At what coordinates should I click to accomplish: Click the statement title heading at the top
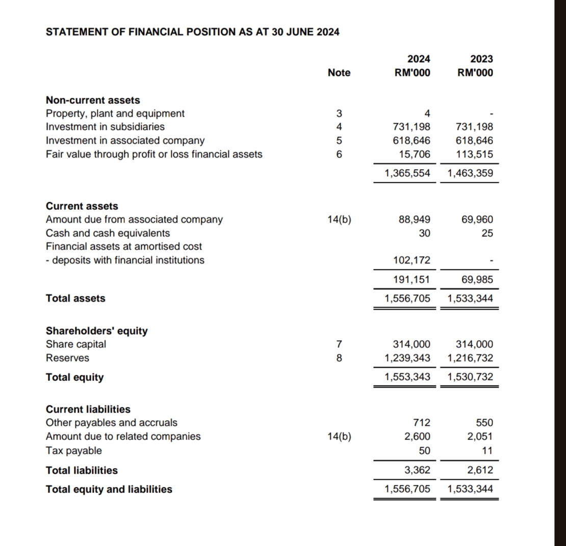coord(193,32)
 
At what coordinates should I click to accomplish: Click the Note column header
coord(339,73)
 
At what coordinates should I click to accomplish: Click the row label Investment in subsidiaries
coord(106,127)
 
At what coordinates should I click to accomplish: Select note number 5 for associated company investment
coord(339,141)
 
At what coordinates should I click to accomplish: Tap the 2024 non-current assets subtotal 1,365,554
coord(407,173)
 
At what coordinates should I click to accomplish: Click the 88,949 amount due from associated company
coord(414,220)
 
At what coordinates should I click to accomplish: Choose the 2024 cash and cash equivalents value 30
coord(424,233)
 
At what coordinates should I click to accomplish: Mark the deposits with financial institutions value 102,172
coord(412,260)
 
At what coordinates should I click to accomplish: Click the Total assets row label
coord(75,298)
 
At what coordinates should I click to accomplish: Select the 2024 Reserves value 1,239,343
coord(407,358)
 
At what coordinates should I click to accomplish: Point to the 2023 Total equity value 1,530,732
coord(470,377)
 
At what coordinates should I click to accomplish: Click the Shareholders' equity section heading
coord(97,331)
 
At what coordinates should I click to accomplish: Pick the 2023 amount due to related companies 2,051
coord(480,436)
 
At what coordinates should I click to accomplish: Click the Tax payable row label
coord(74,451)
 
